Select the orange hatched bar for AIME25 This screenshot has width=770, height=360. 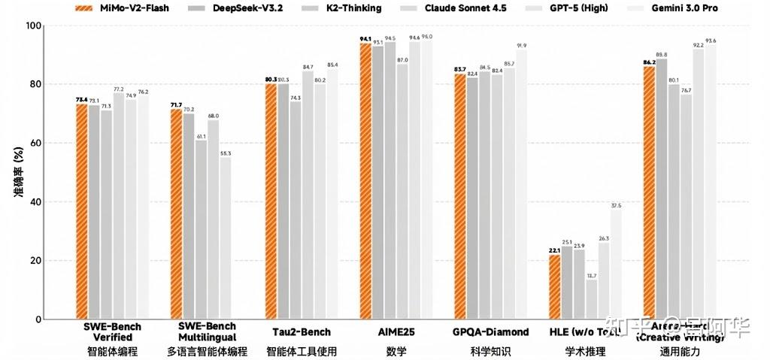(x=365, y=181)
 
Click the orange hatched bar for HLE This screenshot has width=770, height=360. (x=555, y=287)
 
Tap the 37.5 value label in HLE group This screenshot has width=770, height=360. (x=617, y=205)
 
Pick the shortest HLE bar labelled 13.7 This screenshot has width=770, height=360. (x=592, y=299)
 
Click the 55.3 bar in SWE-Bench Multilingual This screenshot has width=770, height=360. (x=226, y=237)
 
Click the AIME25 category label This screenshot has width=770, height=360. (x=397, y=331)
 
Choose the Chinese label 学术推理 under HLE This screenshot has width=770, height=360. (x=585, y=351)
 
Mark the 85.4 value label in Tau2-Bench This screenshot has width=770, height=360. (x=332, y=65)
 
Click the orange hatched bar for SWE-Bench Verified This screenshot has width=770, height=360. (x=82, y=211)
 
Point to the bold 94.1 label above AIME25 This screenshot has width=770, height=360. (x=365, y=39)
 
